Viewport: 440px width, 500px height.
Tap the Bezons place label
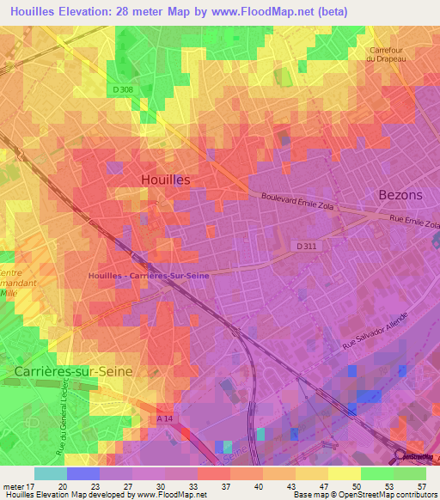pos(400,195)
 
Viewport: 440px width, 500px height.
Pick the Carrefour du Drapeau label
pos(392,55)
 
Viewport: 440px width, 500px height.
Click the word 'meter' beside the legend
pos(12,485)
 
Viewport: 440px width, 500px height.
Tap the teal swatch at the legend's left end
pos(50,473)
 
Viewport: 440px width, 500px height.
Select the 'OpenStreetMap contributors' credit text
pos(395,495)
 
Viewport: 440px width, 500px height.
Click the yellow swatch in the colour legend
pos(344,473)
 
